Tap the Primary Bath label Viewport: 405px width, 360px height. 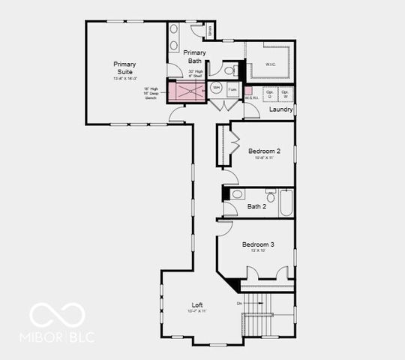pos(195,56)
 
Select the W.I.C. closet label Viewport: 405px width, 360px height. pos(271,64)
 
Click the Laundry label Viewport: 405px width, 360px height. pos(280,109)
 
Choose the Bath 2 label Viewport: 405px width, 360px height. pos(257,206)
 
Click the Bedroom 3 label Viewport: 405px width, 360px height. pos(257,244)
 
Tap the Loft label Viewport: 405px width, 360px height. pos(197,304)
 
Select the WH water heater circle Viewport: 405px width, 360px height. pos(216,88)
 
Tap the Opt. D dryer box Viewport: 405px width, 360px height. pos(269,94)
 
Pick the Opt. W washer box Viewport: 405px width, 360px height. pos(286,94)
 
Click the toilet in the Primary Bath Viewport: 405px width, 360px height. pos(231,70)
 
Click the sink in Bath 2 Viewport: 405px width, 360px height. pos(237,194)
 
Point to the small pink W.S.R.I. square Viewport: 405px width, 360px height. pos(248,91)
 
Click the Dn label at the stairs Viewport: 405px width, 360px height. pos(239,303)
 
